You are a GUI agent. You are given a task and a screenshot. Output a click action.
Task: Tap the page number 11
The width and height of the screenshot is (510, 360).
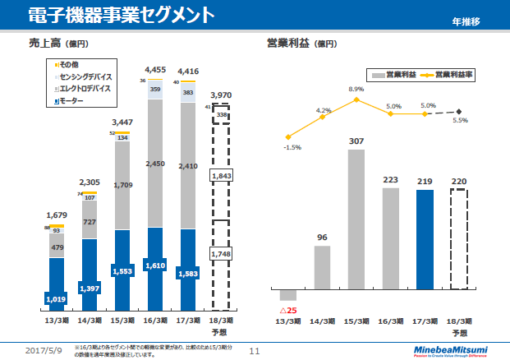[254, 351]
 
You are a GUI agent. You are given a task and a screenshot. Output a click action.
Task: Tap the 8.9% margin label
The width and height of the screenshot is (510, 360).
[356, 89]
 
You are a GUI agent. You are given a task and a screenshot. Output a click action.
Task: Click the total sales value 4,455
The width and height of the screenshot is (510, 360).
[155, 70]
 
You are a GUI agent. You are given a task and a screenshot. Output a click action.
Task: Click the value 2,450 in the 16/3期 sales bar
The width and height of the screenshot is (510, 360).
[156, 164]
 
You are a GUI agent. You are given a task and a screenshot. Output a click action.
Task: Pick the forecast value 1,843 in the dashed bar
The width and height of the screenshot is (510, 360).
[222, 176]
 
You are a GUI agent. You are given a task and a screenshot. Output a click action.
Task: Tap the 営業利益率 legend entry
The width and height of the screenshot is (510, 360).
[453, 74]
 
